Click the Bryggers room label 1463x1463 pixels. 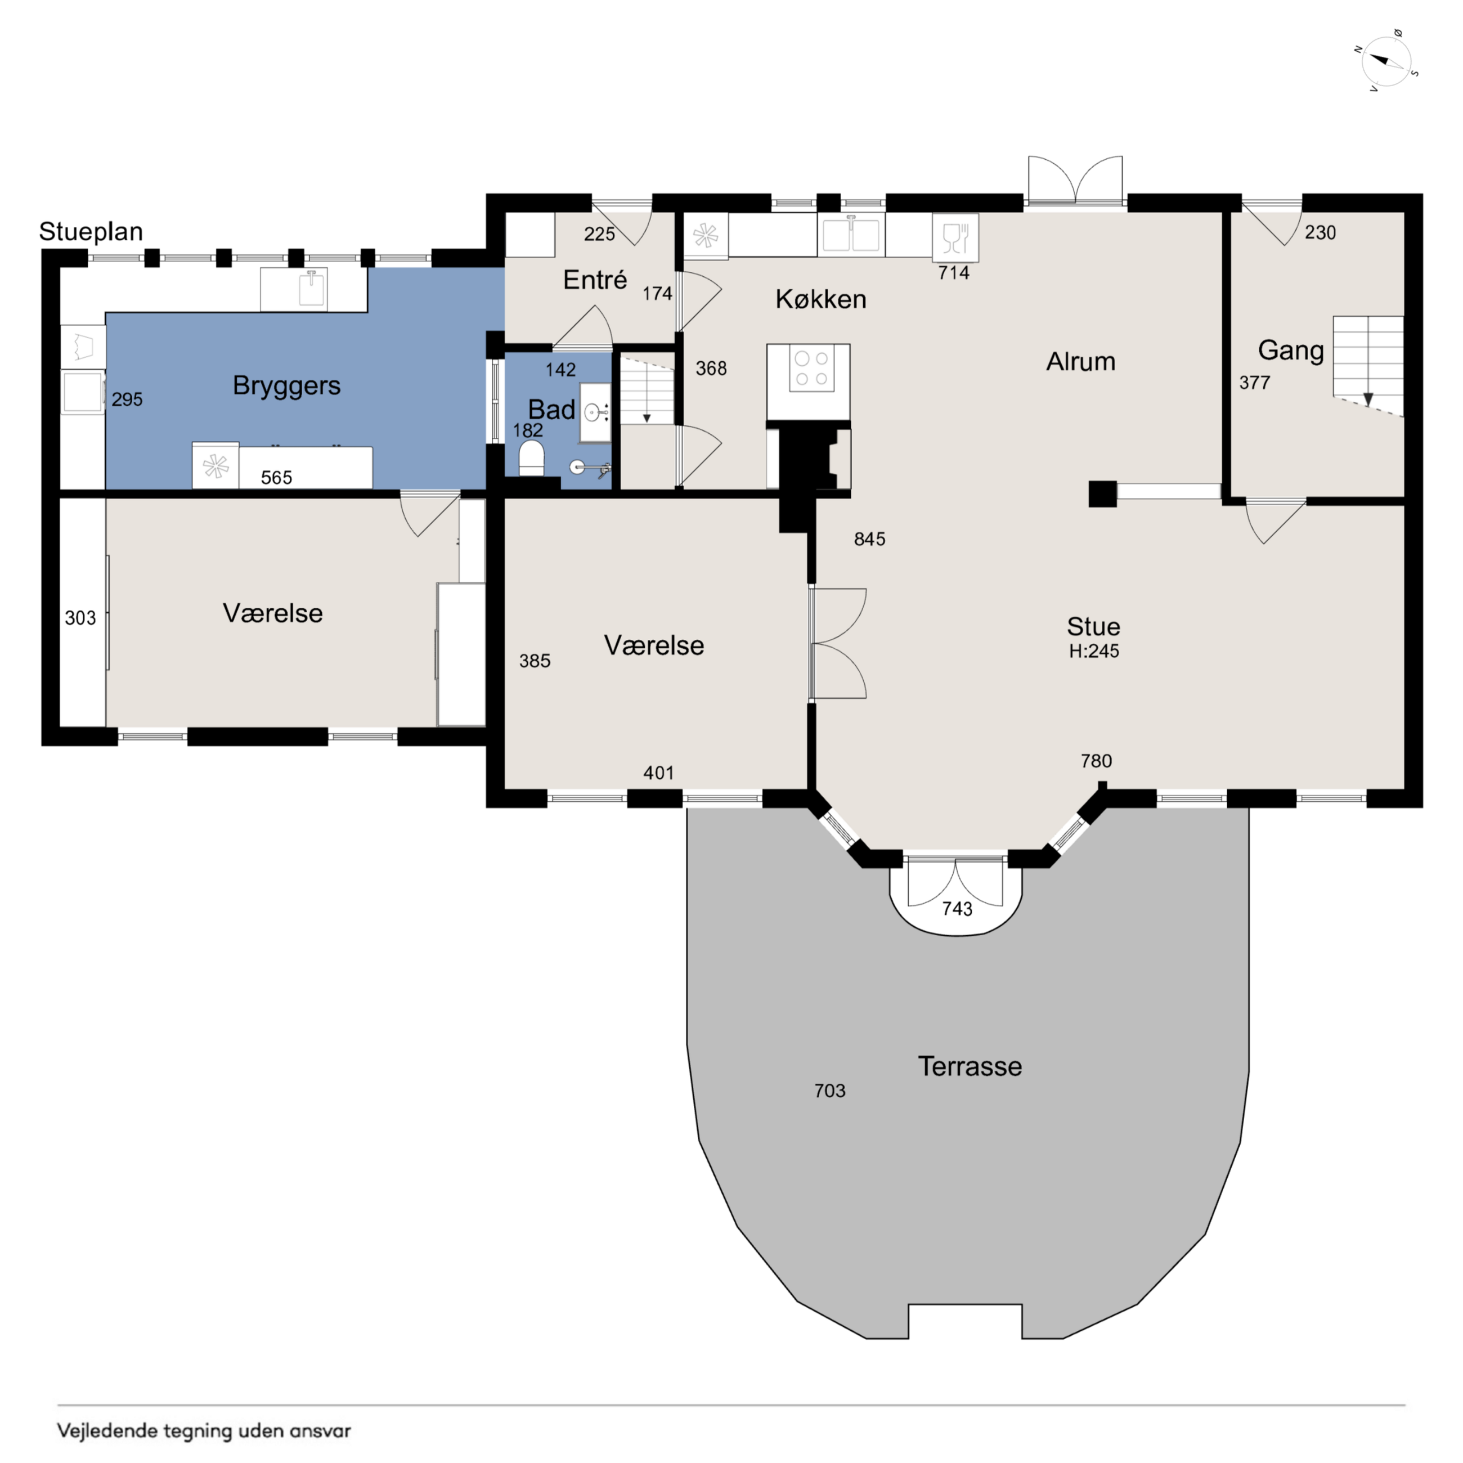click(286, 386)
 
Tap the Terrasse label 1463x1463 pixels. click(970, 1066)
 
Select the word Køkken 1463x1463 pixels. click(821, 299)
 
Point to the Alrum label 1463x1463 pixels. click(1080, 361)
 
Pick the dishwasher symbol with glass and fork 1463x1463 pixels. click(955, 238)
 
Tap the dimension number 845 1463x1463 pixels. click(869, 539)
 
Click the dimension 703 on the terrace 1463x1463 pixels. click(830, 1090)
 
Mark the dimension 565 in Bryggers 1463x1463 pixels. click(276, 478)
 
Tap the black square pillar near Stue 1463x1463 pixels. click(1102, 493)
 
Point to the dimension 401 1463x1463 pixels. click(659, 773)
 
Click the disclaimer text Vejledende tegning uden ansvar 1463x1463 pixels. click(204, 1430)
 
